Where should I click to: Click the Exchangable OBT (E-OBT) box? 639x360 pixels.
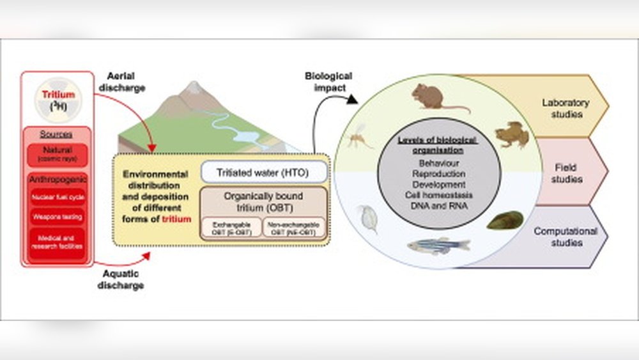coord(231,228)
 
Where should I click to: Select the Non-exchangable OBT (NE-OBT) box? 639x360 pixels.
coord(294,228)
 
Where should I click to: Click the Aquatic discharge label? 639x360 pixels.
coord(121,279)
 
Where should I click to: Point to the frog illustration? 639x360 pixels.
coord(512,134)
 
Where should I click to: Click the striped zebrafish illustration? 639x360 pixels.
coord(438,245)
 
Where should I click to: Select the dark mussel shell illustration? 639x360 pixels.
coord(505,220)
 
